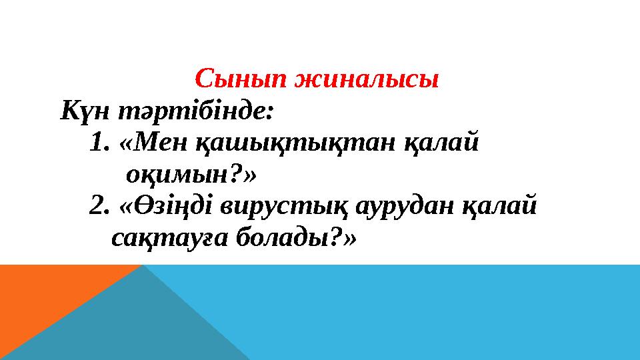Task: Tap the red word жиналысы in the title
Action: click(367, 79)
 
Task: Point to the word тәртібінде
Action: click(195, 111)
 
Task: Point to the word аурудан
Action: click(405, 207)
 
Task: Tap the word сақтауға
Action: click(169, 239)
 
